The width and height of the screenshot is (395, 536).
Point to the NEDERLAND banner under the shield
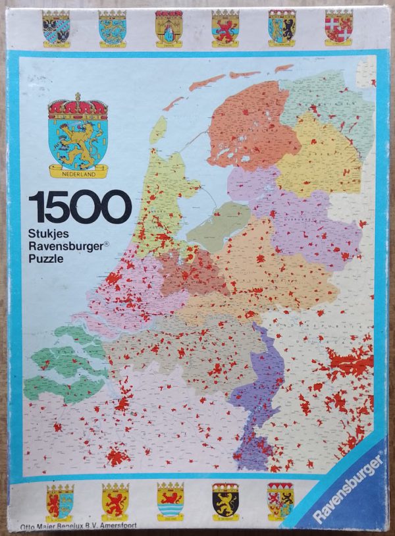78,173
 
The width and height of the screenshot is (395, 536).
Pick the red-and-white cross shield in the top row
338,26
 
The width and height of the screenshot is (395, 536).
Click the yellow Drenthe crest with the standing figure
169,28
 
